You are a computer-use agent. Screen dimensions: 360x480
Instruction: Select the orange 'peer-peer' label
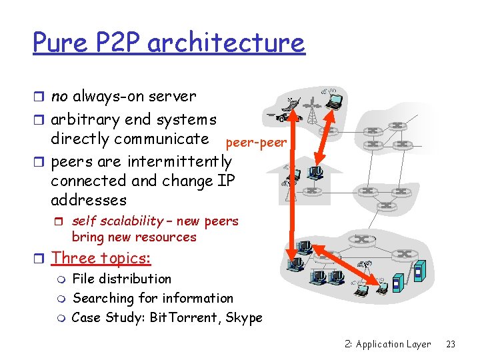coord(257,143)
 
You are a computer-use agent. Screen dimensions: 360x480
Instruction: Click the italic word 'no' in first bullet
coord(59,97)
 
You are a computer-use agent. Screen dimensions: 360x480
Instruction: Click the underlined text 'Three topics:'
coord(101,258)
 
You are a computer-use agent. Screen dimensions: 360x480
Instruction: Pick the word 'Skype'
coord(244,317)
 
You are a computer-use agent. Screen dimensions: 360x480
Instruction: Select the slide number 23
coord(450,344)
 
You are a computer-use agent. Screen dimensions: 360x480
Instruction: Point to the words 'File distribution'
coord(121,279)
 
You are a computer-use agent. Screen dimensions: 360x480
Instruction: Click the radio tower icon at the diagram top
coord(311,110)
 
